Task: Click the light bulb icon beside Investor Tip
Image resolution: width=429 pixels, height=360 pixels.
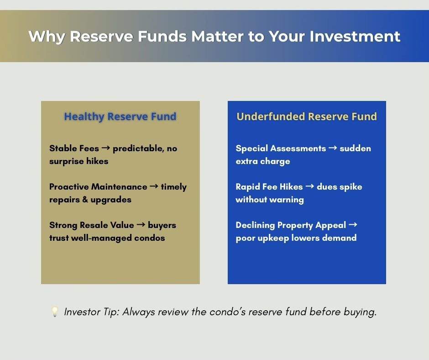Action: [x=55, y=312]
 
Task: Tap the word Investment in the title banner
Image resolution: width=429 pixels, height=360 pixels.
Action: [x=355, y=36]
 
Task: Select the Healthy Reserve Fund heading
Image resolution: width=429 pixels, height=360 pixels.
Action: [x=120, y=116]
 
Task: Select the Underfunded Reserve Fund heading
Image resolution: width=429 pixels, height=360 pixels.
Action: [x=307, y=116]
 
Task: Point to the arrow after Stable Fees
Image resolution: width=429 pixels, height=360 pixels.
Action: [x=105, y=148]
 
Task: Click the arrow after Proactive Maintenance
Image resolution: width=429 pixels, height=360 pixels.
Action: [x=154, y=186]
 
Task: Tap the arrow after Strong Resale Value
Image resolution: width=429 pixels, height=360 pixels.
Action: [x=141, y=225]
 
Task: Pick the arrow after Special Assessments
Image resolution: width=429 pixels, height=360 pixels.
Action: [x=333, y=148]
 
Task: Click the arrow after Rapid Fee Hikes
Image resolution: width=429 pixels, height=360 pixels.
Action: [x=310, y=186]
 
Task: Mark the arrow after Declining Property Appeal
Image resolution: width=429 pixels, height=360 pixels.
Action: [x=353, y=225]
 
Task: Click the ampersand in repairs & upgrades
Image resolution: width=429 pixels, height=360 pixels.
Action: [x=85, y=200]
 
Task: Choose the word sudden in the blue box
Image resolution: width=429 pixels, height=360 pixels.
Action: [x=355, y=148]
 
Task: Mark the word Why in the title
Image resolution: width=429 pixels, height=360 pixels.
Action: [x=47, y=37]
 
